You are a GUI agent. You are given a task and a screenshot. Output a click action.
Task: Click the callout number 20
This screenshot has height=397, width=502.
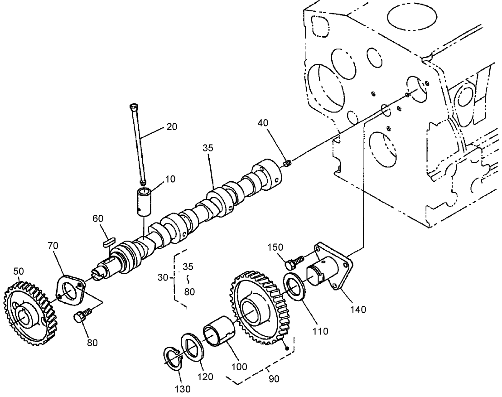(x=171, y=127)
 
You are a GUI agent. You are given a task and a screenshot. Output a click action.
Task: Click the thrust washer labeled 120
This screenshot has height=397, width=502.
(x=193, y=346)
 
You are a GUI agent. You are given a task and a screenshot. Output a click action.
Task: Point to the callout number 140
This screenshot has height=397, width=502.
(x=357, y=310)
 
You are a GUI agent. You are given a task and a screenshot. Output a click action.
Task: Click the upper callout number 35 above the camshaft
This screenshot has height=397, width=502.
(x=208, y=148)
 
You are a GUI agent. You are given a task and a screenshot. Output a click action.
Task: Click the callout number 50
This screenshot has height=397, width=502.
(x=19, y=271)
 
